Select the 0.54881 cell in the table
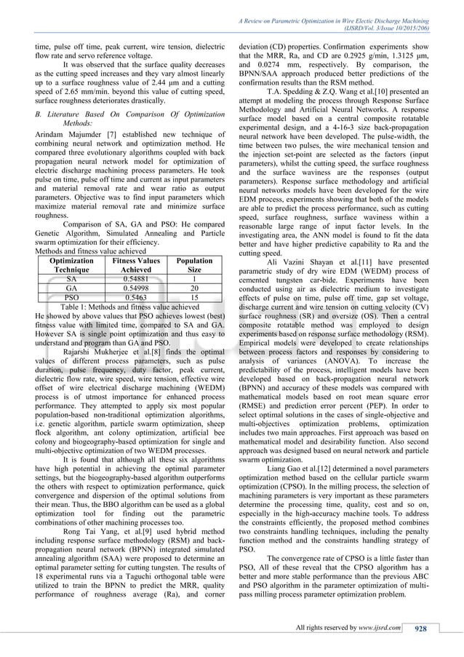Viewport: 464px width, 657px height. coord(129,278)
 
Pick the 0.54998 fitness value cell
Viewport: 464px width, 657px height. coord(129,288)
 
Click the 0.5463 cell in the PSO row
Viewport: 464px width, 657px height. coord(129,297)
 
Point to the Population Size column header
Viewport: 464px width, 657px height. coord(194,264)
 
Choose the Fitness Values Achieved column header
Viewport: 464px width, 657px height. coord(129,264)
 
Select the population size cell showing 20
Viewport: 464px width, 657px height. coord(194,288)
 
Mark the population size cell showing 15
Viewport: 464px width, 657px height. coord(194,297)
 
